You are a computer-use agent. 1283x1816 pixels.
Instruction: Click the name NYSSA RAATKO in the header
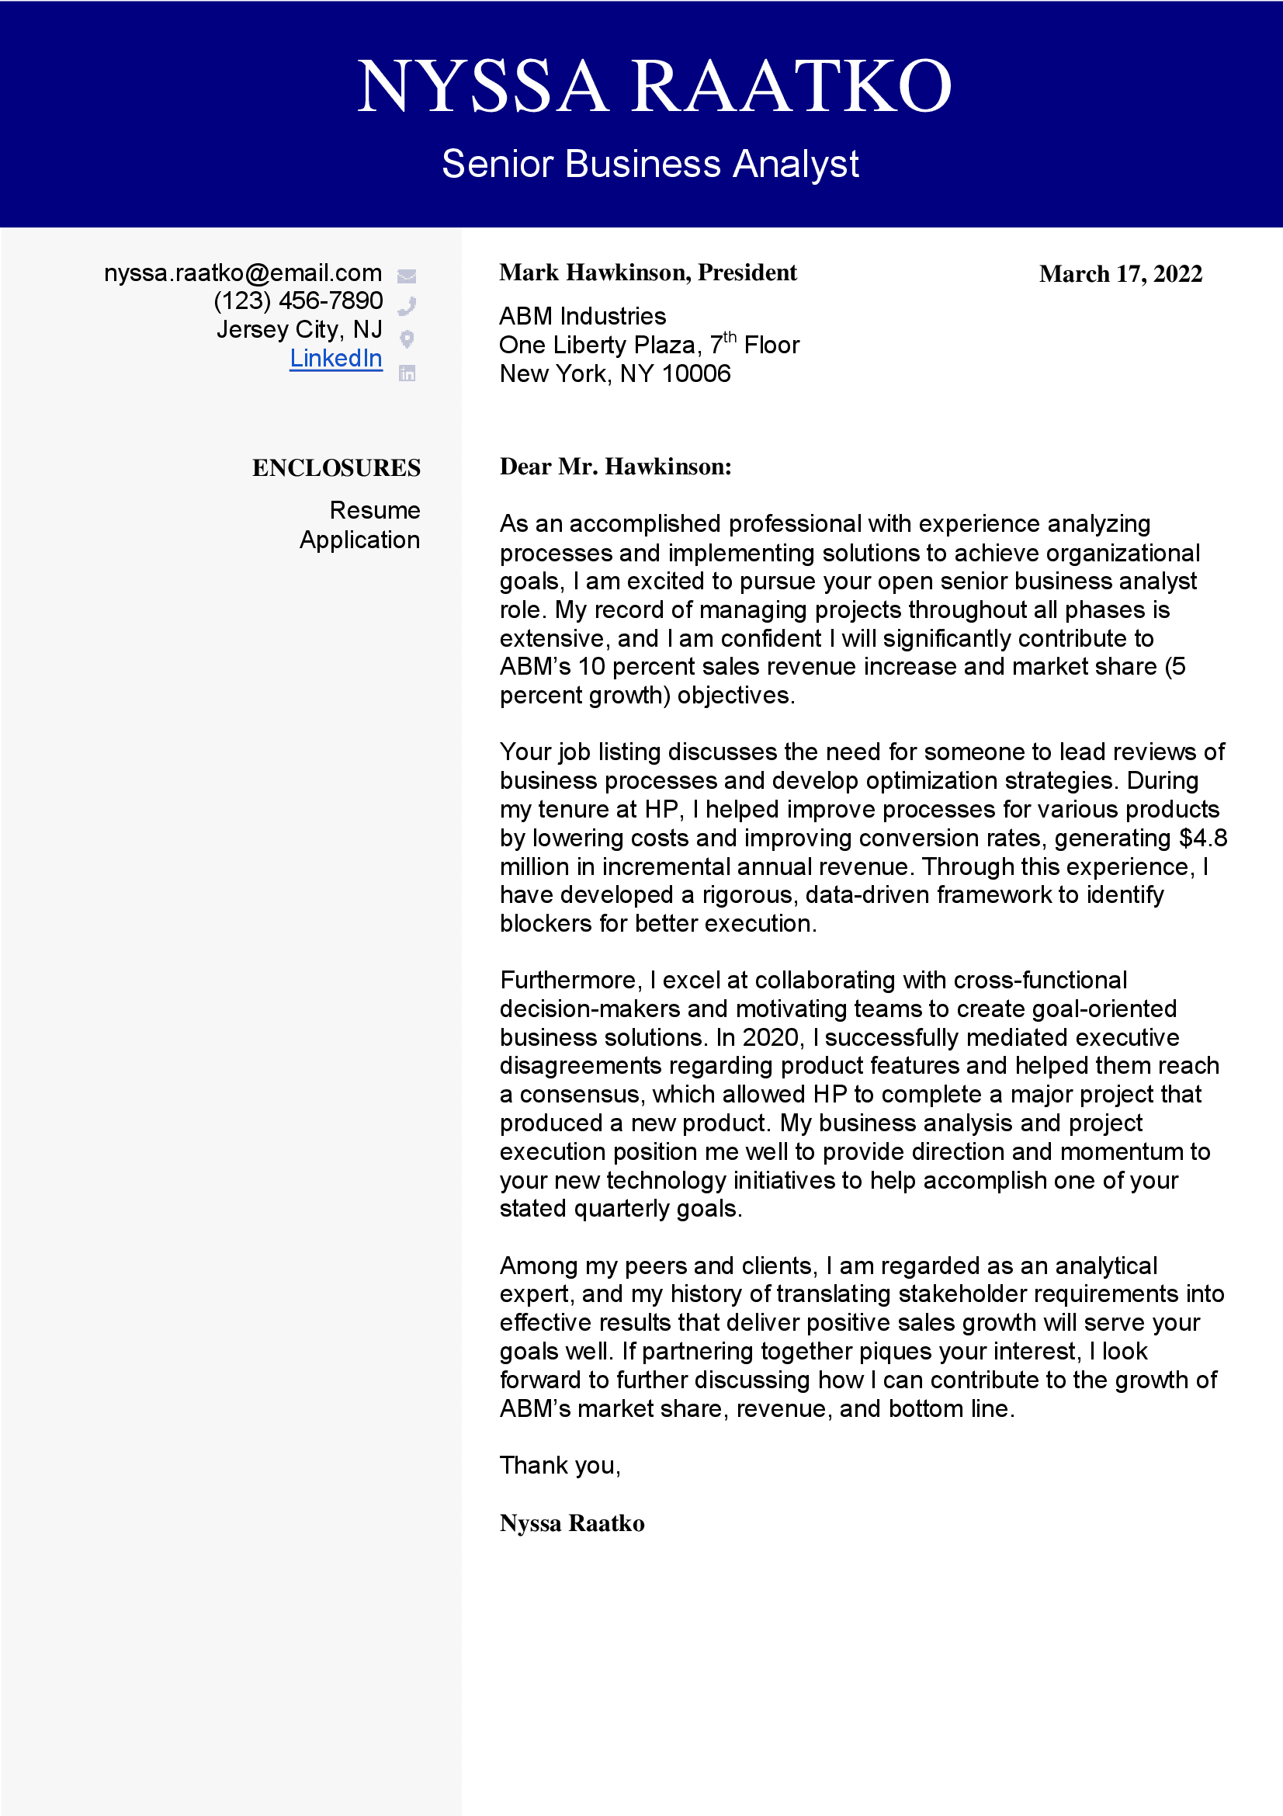click(x=654, y=85)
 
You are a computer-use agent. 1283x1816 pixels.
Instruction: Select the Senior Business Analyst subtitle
click(x=650, y=164)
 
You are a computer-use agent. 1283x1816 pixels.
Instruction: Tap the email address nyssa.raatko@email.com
click(x=243, y=273)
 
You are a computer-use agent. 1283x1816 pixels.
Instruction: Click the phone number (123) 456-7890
click(x=298, y=300)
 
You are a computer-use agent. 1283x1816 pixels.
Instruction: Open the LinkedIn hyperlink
click(x=335, y=358)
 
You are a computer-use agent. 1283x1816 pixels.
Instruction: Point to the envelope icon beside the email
click(x=407, y=276)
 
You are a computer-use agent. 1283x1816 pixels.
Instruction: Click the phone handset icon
click(x=407, y=305)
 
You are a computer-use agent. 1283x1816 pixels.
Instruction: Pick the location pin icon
click(x=407, y=339)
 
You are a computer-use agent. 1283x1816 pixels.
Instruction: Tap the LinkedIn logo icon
click(x=407, y=373)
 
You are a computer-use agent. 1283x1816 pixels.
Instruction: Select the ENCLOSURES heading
click(x=336, y=468)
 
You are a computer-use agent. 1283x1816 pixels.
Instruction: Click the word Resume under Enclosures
click(x=375, y=510)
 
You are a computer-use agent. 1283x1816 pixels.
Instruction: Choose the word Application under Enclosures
click(x=359, y=540)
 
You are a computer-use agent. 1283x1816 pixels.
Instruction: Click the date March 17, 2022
click(x=1120, y=274)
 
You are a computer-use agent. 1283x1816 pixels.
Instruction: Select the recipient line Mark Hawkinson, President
click(x=647, y=273)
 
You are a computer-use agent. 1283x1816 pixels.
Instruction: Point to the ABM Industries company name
click(x=583, y=316)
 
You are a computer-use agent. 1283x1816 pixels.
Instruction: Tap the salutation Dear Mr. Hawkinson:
click(x=615, y=467)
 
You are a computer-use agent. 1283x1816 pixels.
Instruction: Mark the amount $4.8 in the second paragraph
click(x=1203, y=838)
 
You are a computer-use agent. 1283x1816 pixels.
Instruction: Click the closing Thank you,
click(x=560, y=1466)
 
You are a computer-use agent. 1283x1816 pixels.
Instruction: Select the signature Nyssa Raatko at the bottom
click(x=571, y=1523)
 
